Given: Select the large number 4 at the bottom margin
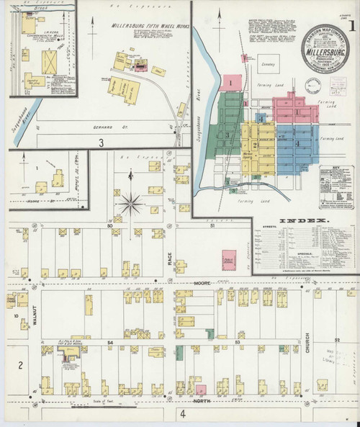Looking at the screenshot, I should [183, 413].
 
